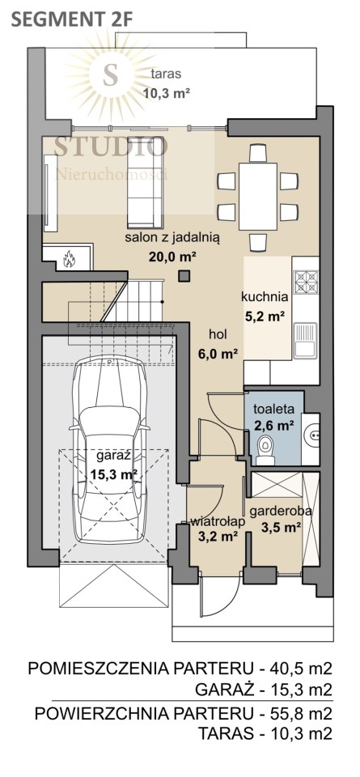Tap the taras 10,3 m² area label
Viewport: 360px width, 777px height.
click(x=167, y=83)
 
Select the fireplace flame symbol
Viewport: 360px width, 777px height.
click(x=68, y=257)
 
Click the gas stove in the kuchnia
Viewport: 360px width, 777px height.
click(x=306, y=282)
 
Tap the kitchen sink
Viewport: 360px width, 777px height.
click(x=305, y=340)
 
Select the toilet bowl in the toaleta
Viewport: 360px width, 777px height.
click(x=265, y=450)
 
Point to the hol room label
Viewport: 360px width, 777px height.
click(x=218, y=334)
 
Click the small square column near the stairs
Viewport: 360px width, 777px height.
click(x=184, y=275)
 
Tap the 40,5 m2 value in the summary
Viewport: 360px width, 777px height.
click(x=299, y=669)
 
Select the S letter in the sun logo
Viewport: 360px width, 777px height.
click(x=110, y=74)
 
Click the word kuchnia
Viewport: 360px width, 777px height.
click(x=265, y=297)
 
